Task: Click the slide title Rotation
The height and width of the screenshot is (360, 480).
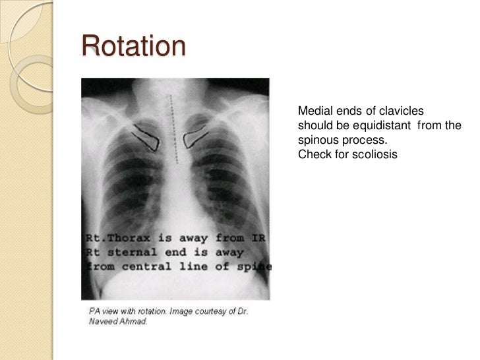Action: click(x=134, y=47)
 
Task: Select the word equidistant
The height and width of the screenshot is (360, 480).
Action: click(x=375, y=125)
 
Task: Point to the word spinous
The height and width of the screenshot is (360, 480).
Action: click(x=316, y=140)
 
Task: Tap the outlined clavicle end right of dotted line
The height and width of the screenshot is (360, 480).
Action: click(x=196, y=138)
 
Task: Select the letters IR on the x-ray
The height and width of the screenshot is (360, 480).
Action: click(x=258, y=237)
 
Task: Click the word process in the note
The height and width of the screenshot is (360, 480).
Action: click(x=362, y=140)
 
